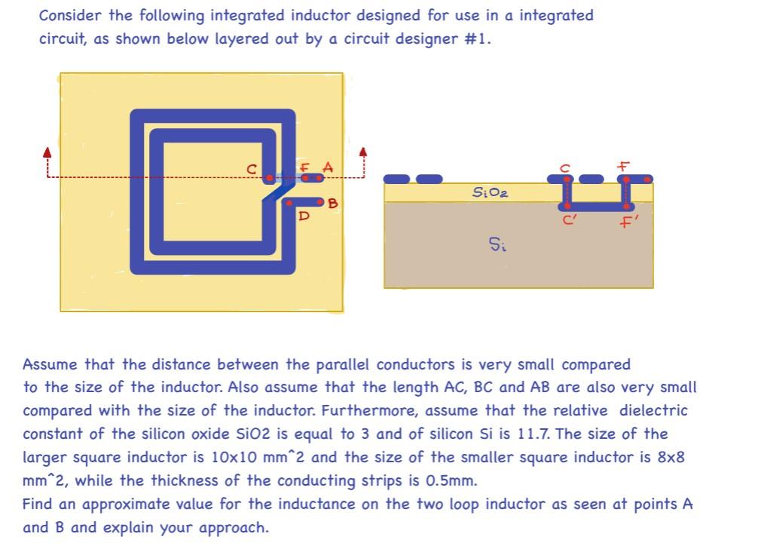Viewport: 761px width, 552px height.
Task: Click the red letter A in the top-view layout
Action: click(x=328, y=165)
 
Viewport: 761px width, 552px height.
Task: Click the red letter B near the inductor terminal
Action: click(x=332, y=204)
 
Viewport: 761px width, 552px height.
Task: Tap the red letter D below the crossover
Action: click(x=304, y=216)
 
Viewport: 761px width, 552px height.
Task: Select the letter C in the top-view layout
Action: click(x=252, y=169)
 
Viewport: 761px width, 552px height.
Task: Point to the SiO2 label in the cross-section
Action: click(x=490, y=193)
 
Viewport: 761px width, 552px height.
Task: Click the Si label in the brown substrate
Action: click(x=497, y=244)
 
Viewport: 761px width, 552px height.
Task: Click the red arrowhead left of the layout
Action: click(x=47, y=152)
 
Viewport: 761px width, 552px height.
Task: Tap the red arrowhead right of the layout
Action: click(x=364, y=152)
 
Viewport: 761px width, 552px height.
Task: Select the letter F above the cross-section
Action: click(x=624, y=164)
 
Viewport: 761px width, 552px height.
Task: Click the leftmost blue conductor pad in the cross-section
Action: click(x=396, y=179)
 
